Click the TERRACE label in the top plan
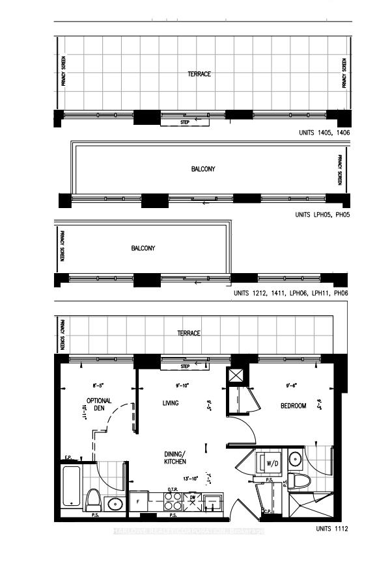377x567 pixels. point(199,74)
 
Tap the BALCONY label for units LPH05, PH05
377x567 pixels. point(203,169)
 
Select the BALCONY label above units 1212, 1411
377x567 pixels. point(143,248)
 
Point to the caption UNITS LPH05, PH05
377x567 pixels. point(322,215)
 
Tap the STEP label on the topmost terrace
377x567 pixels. point(184,122)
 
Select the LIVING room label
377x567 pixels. point(170,404)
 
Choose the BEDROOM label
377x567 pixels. point(293,406)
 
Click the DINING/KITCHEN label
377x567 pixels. point(175,457)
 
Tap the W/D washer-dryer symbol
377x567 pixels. point(272,464)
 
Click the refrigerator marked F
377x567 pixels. point(139,501)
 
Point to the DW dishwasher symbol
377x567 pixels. point(192,499)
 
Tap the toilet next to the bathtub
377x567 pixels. point(93,500)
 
